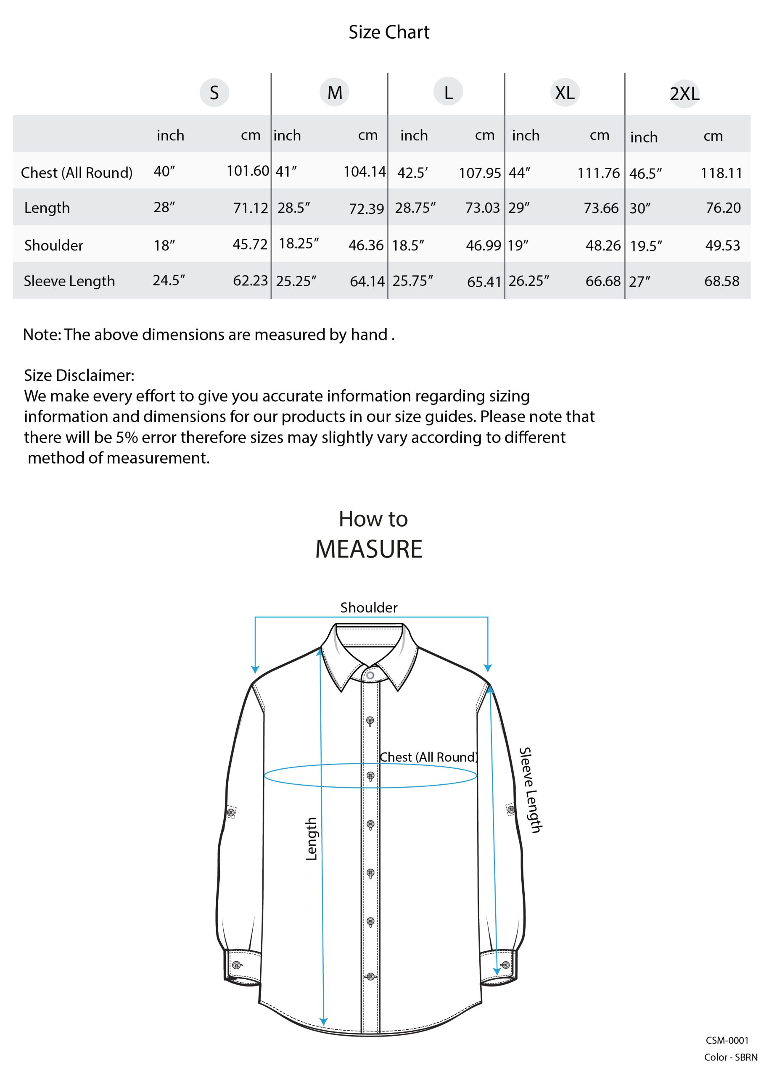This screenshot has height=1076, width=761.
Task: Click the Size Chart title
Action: click(389, 32)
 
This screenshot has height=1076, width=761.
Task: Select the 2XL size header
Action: click(684, 94)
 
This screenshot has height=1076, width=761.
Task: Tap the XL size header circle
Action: click(565, 92)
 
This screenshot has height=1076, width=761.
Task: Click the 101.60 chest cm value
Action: click(248, 171)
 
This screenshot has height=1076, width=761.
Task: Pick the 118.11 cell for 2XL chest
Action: click(721, 174)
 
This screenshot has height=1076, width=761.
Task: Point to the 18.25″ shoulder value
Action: click(298, 244)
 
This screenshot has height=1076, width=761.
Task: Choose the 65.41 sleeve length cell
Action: click(484, 282)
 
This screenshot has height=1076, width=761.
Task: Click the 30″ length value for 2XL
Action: click(639, 208)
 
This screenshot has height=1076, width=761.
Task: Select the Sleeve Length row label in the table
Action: click(69, 281)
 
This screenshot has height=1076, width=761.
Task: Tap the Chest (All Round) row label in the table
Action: click(77, 173)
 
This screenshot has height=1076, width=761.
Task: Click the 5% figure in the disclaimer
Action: click(127, 437)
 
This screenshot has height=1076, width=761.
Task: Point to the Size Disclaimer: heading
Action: click(79, 375)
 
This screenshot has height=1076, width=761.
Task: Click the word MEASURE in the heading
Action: click(369, 549)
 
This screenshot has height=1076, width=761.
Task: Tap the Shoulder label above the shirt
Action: click(369, 608)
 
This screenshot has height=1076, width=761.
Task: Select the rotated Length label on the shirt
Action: click(312, 839)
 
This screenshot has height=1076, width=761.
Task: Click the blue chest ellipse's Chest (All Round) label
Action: click(428, 757)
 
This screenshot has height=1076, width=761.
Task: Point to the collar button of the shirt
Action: click(370, 675)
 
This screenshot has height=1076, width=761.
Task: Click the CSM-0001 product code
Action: click(727, 1040)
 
